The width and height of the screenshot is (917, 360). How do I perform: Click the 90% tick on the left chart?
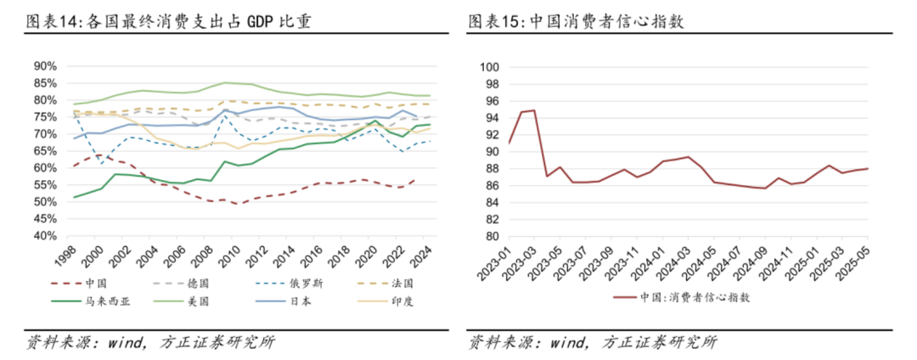point(45,66)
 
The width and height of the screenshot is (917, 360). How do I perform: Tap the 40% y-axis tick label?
point(45,236)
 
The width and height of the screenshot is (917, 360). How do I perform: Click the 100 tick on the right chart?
point(490,67)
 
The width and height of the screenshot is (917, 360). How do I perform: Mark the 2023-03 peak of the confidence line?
point(534,110)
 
